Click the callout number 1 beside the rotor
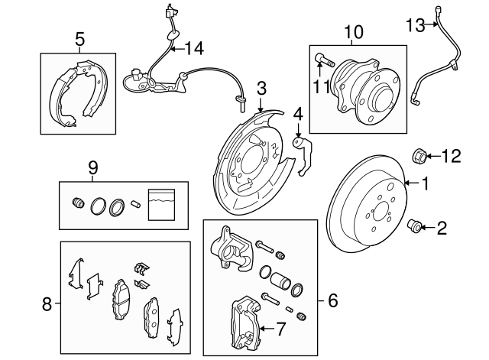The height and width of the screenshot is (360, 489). coord(426,183)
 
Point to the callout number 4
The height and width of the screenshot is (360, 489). coord(298,115)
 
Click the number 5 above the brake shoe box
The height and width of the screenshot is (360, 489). coord(79,38)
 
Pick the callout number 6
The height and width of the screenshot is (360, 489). coord(332,300)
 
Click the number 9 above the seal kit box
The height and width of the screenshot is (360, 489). coord(93,166)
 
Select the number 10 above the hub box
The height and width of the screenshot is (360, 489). coord(354,32)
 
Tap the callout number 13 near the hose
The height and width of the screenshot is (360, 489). coord(414,27)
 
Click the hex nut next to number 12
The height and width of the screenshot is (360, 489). coord(419,157)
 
